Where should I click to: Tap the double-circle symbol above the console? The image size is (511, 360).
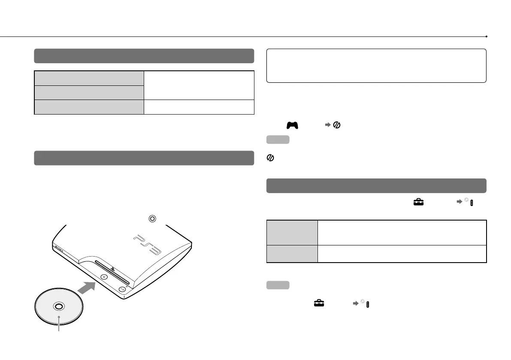pyautogui.click(x=152, y=218)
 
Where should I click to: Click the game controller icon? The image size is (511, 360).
pyautogui.click(x=292, y=125)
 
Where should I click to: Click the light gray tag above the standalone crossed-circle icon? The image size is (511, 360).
pyautogui.click(x=278, y=140)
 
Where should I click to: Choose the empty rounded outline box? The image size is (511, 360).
pyautogui.click(x=376, y=65)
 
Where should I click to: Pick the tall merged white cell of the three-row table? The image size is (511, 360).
pyautogui.click(x=199, y=85)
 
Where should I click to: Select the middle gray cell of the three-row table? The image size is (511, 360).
pyautogui.click(x=89, y=92)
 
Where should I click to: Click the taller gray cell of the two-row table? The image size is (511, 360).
pyautogui.click(x=292, y=233)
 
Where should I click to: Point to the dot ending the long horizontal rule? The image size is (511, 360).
pyautogui.click(x=486, y=37)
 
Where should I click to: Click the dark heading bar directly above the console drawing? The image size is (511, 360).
pyautogui.click(x=144, y=158)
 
